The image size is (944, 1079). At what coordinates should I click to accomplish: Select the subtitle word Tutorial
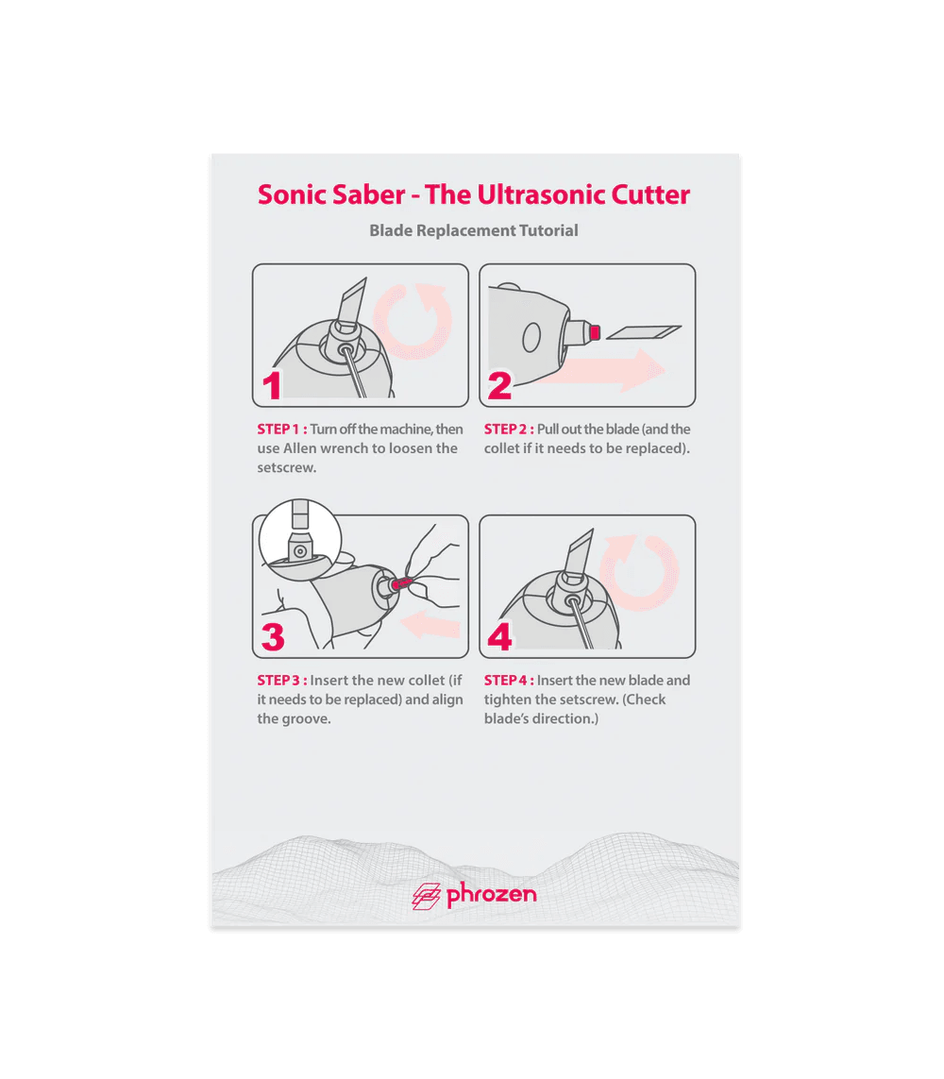pos(548,230)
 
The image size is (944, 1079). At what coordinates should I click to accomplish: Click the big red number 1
pos(273,385)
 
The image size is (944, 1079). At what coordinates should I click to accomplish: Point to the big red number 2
pos(499,385)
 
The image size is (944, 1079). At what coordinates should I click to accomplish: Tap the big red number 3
pos(273,637)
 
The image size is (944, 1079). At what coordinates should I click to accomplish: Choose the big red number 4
pos(499,636)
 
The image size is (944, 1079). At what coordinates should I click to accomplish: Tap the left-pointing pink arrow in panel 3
pos(430,625)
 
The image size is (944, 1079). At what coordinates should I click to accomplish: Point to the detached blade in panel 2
pos(644,332)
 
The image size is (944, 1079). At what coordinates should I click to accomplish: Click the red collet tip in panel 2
pos(595,333)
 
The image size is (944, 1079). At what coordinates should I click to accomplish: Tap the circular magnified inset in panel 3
pos(300,541)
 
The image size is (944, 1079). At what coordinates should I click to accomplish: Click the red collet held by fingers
pos(400,584)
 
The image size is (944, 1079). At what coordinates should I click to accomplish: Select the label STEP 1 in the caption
pos(282,430)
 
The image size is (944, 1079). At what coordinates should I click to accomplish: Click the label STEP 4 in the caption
pos(509,681)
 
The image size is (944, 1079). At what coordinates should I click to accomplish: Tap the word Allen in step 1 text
pos(300,448)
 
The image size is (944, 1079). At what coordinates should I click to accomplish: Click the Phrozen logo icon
pos(426,896)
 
